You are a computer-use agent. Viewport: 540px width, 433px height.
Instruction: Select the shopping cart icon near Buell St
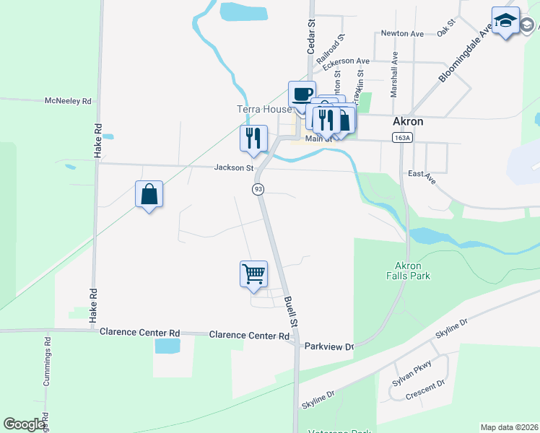253,274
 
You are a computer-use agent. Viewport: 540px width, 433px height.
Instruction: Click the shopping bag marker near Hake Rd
149,193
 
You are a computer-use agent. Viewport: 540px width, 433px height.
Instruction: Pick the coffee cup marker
302,93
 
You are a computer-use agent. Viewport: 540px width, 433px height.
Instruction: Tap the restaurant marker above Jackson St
253,137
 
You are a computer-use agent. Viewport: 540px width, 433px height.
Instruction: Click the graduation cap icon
505,20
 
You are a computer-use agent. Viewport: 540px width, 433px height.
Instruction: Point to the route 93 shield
258,189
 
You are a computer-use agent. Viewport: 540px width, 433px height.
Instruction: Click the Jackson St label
234,168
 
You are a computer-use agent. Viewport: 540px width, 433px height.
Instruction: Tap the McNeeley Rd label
68,101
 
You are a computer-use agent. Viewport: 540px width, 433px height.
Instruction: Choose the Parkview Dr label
329,346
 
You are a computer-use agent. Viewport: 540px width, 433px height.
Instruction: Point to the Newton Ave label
401,33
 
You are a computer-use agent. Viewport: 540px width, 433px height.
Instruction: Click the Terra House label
264,110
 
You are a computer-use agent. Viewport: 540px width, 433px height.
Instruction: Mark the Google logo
25,424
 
